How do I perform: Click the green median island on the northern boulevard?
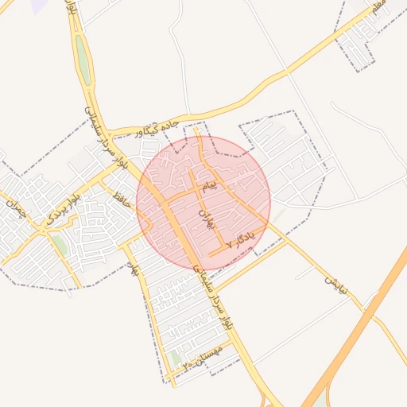tap(83, 60)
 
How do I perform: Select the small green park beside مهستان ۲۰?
tap(176, 358)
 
